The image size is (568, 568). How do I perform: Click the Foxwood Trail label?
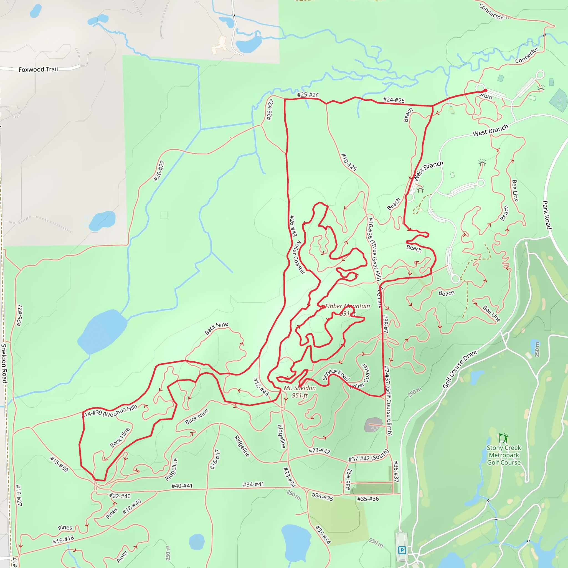pyautogui.click(x=38, y=69)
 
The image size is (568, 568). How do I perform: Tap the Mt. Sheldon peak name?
pyautogui.click(x=300, y=388)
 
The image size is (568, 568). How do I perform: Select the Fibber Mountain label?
pyautogui.click(x=348, y=306)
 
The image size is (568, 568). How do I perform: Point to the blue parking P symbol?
pyautogui.click(x=402, y=550)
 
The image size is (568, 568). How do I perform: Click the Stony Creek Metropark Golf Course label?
pyautogui.click(x=504, y=455)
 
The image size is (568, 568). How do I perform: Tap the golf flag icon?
pyautogui.click(x=503, y=438)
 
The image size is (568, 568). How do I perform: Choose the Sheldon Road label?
pyautogui.click(x=4, y=363)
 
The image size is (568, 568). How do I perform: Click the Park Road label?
pyautogui.click(x=546, y=215)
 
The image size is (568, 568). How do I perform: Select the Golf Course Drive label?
pyautogui.click(x=460, y=369)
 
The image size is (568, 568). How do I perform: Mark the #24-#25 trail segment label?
pyautogui.click(x=394, y=100)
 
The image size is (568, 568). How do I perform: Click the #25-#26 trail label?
pyautogui.click(x=308, y=95)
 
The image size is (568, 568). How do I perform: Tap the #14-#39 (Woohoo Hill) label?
pyautogui.click(x=110, y=411)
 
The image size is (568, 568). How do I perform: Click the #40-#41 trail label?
pyautogui.click(x=182, y=486)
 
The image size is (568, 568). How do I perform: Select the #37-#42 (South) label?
pyautogui.click(x=368, y=455)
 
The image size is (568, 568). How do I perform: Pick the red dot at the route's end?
pyautogui.click(x=485, y=90)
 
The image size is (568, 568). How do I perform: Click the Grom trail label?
pyautogui.click(x=485, y=96)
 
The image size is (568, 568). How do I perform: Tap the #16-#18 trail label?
pyautogui.click(x=63, y=540)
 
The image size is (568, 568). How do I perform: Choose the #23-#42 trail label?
pyautogui.click(x=319, y=451)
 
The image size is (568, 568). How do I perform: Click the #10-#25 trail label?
pyautogui.click(x=349, y=162)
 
